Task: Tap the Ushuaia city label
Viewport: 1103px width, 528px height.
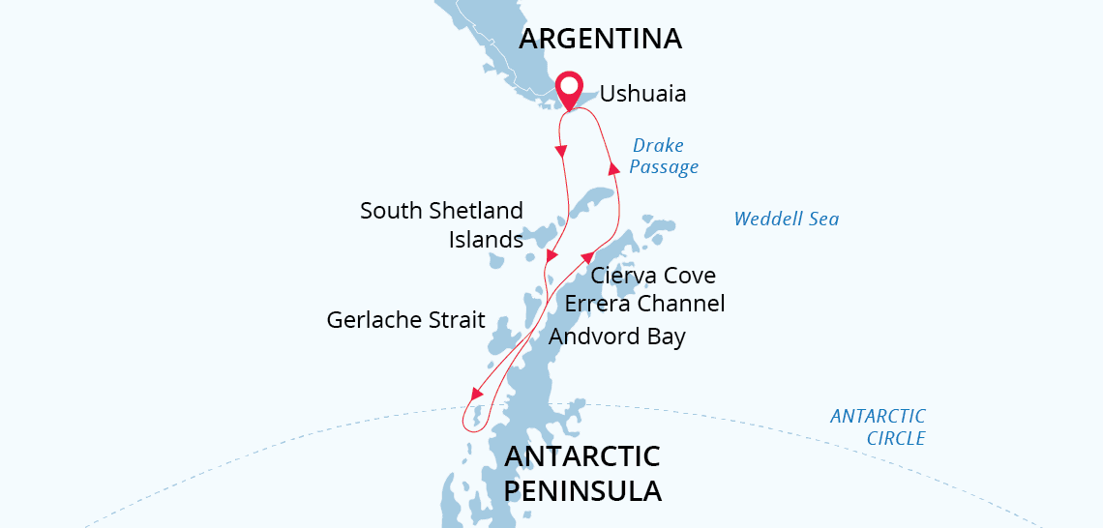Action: coord(642,94)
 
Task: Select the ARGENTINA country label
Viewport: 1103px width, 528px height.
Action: coord(600,39)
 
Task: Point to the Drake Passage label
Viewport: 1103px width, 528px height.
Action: coord(663,157)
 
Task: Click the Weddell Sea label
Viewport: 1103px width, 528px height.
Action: coord(786,220)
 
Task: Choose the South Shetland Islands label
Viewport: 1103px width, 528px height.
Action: coord(441,224)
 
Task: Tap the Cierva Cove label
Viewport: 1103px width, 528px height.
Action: coord(653,276)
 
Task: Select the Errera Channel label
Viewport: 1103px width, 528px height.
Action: coord(644,304)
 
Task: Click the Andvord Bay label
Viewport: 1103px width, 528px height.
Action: coord(616,337)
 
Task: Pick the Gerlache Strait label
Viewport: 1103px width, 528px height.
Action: coord(405,320)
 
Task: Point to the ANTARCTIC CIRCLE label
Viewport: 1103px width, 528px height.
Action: coord(878,427)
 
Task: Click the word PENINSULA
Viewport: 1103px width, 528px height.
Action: coord(582,490)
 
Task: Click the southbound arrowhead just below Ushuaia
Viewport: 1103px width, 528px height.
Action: coord(561,151)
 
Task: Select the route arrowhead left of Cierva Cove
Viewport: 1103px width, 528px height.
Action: coord(587,257)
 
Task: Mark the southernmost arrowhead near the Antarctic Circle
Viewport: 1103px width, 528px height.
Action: coord(475,395)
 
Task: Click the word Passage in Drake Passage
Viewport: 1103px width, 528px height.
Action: coord(664,167)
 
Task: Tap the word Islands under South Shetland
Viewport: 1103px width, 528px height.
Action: coord(486,239)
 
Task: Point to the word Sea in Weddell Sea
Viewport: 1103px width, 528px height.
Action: coord(822,220)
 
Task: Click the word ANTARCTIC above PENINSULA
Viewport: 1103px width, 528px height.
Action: coord(582,456)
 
